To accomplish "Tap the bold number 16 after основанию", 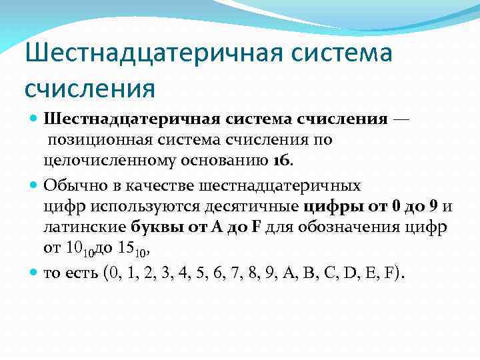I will click(282, 161).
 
